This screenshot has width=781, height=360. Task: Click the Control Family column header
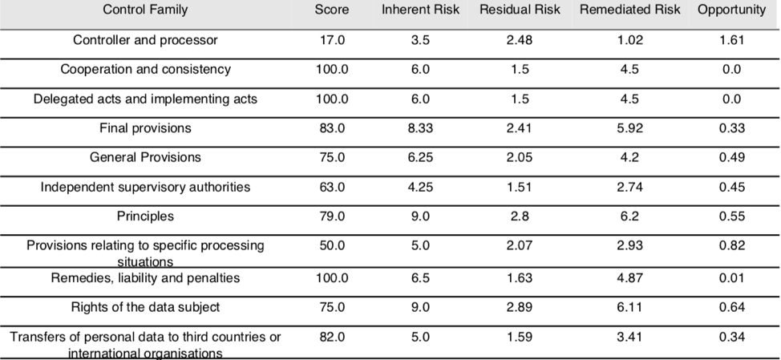(145, 10)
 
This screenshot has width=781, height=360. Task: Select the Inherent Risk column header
(420, 10)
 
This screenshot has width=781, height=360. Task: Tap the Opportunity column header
(731, 10)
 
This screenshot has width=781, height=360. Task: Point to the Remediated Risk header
(629, 10)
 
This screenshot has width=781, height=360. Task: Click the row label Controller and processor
(145, 40)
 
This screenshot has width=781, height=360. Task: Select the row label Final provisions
(145, 128)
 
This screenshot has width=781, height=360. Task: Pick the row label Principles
(145, 216)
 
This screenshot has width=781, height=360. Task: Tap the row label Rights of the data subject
(145, 307)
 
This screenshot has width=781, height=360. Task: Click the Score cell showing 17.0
(332, 40)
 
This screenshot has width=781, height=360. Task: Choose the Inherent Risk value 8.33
(420, 128)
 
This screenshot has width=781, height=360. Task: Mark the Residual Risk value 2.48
(520, 40)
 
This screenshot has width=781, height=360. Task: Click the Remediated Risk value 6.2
(629, 216)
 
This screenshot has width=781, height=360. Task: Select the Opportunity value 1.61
(731, 40)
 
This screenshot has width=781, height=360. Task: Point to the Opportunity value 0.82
(731, 246)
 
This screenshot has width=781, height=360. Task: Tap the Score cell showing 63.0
(332, 188)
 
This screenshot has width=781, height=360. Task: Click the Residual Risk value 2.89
(520, 307)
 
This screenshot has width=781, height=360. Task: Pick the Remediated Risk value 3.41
(629, 337)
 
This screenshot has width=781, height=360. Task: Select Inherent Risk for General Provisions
(420, 158)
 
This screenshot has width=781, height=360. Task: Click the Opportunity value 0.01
(731, 278)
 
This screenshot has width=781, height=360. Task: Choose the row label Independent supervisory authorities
(145, 188)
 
